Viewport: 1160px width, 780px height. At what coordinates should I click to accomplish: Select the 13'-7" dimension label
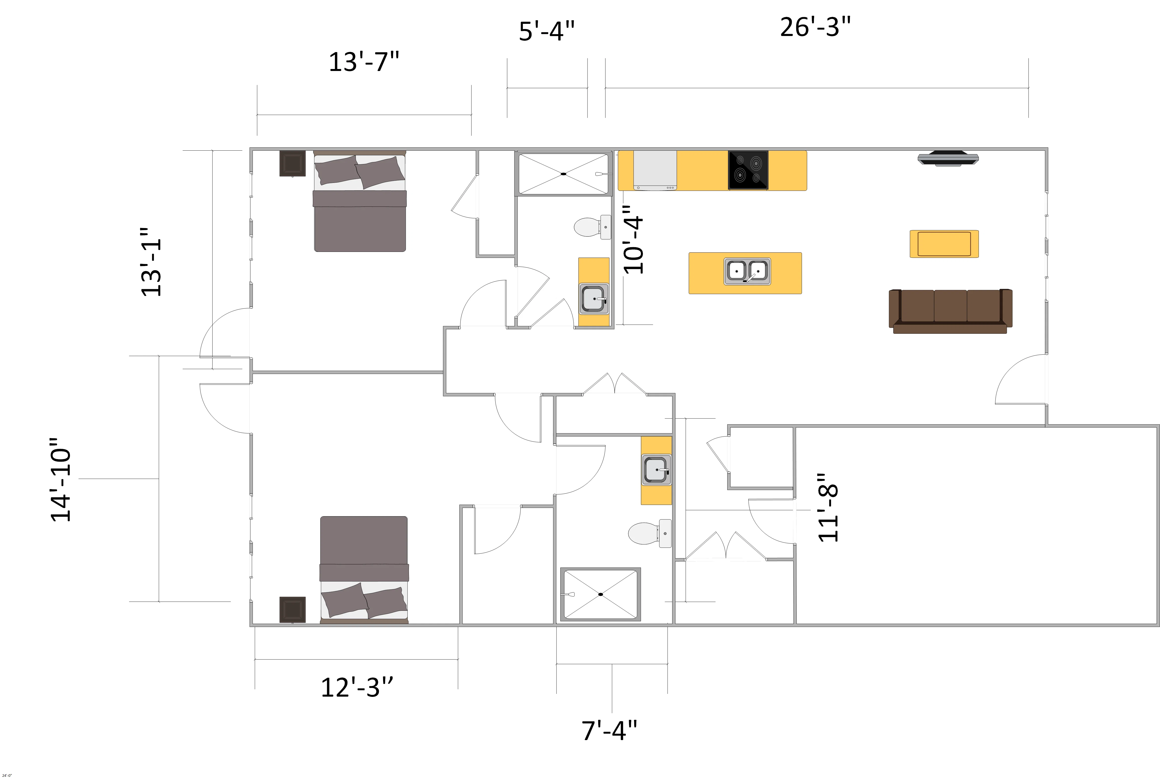coord(364,62)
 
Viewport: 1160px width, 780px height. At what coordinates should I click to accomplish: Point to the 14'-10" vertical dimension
coord(61,480)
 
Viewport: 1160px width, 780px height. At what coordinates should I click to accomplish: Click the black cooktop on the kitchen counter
coord(748,170)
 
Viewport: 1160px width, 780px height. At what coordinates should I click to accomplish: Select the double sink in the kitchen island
coord(747,271)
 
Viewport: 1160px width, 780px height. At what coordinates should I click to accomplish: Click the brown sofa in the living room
coord(950,311)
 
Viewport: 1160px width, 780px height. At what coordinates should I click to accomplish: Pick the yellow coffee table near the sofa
coord(944,244)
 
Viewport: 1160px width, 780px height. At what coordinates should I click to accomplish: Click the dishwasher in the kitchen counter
coord(655,170)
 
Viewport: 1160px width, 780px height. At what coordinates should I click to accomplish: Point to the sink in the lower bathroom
coord(656,470)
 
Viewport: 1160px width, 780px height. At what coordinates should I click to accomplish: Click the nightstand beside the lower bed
coord(292,609)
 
